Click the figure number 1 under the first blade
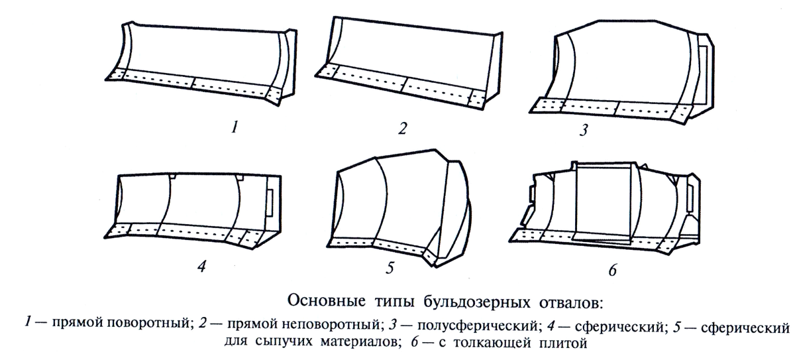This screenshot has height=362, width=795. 233,128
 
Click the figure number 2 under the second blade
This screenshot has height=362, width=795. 401,128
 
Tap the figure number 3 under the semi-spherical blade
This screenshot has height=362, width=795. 583,130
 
